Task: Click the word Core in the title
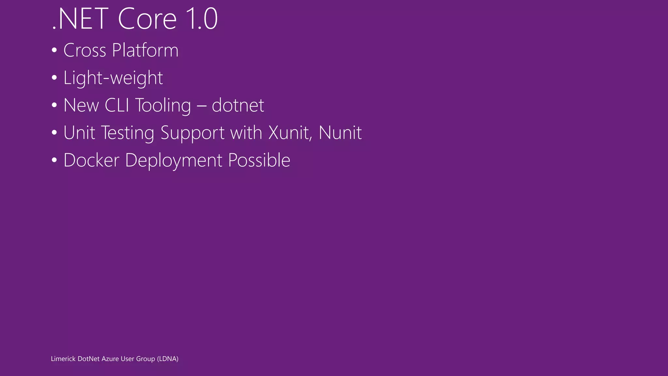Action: (x=147, y=19)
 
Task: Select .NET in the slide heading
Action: (x=80, y=19)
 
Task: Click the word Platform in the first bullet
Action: (x=145, y=50)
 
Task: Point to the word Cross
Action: (x=85, y=51)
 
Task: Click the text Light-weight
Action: (x=113, y=78)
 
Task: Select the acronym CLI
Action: (x=117, y=105)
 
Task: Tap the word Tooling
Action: (x=163, y=106)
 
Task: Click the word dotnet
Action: (x=238, y=105)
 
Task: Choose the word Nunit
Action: (x=340, y=133)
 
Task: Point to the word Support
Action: (x=192, y=133)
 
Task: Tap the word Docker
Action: (x=91, y=160)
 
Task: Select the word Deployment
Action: (x=174, y=161)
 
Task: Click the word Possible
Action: (x=259, y=160)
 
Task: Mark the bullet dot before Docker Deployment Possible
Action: (x=54, y=160)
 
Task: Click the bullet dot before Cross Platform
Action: (x=54, y=51)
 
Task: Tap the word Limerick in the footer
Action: (x=63, y=359)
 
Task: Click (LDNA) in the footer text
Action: (x=168, y=359)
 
